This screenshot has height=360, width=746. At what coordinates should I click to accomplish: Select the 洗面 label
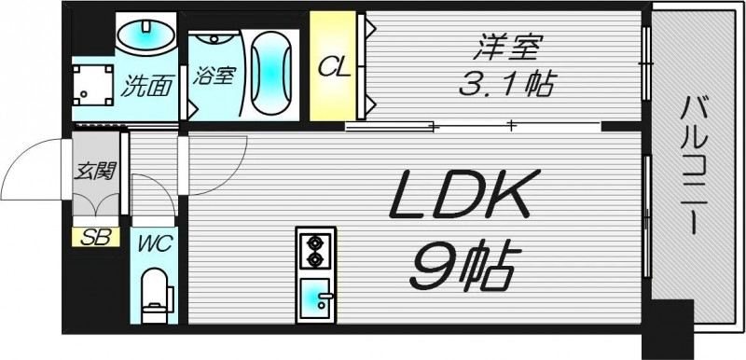[147, 88]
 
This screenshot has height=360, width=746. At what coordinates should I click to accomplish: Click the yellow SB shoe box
[96, 237]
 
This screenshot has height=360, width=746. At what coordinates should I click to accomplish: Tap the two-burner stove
[315, 246]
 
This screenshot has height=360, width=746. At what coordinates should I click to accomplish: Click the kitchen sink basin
[315, 300]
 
